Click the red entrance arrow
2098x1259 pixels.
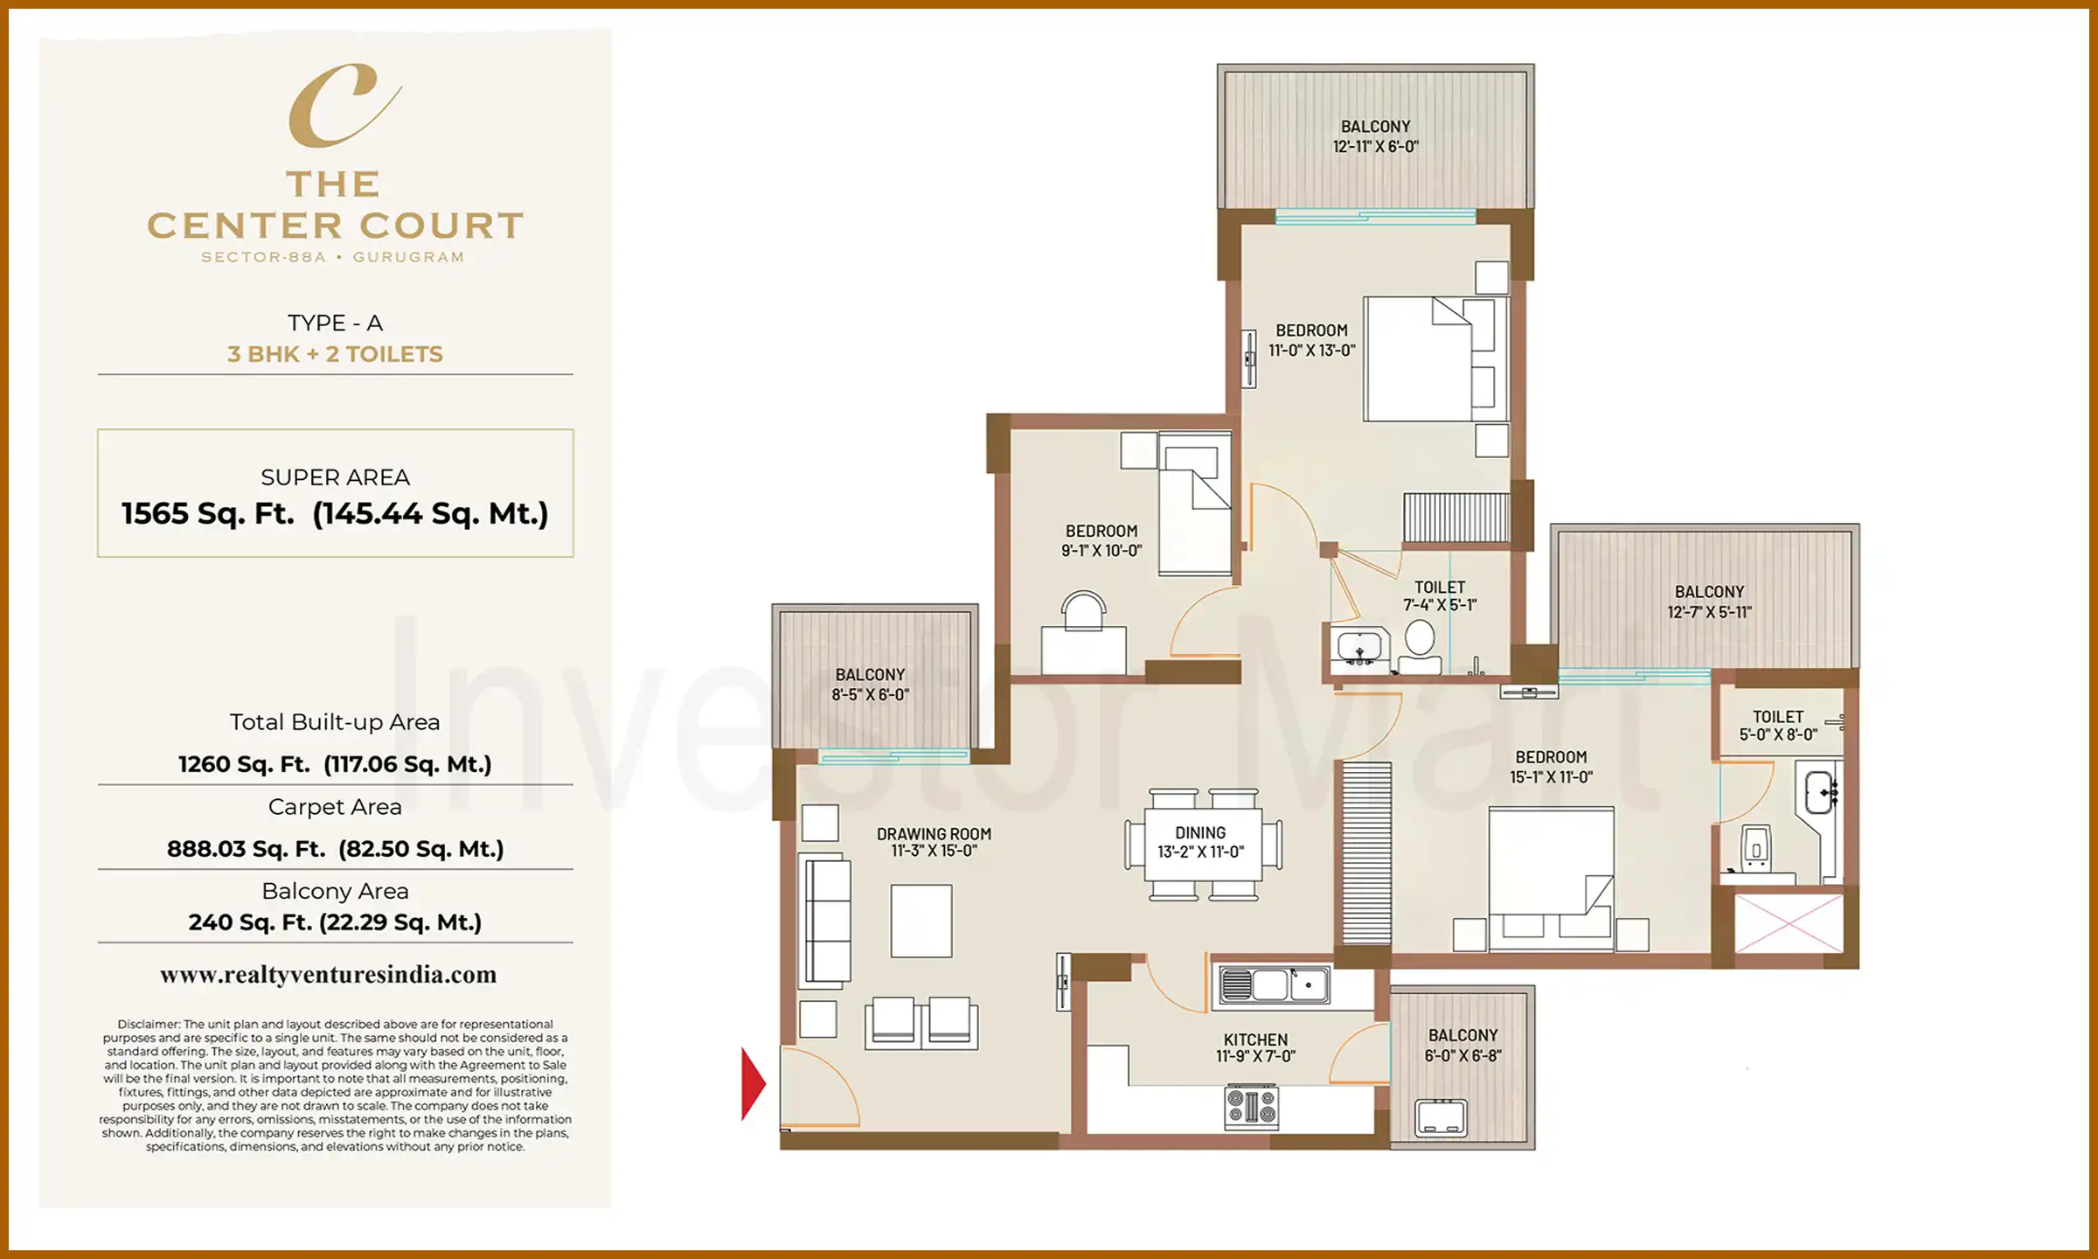[752, 1084]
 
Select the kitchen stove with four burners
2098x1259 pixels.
[1252, 1106]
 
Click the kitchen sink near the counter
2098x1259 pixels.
[1274, 985]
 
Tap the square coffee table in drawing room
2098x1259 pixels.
[921, 921]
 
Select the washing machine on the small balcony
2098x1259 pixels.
[1441, 1117]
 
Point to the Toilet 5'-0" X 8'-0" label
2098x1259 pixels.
[1777, 726]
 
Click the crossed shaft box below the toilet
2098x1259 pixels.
[1789, 923]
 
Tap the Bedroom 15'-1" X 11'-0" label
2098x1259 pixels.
[1551, 767]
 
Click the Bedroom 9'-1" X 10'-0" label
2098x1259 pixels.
[1101, 540]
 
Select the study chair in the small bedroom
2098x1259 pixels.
[1083, 609]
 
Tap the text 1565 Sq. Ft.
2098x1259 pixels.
[208, 513]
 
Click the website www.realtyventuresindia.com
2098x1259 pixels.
[328, 975]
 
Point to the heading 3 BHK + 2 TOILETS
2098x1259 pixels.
[335, 354]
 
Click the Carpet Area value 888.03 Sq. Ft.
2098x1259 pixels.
[247, 849]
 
